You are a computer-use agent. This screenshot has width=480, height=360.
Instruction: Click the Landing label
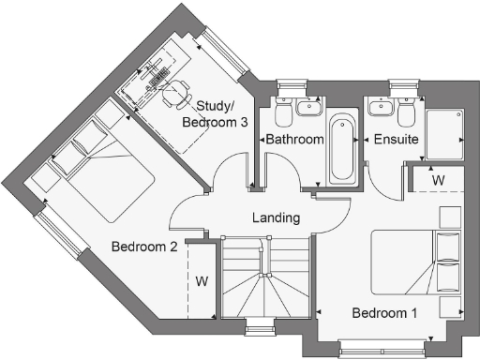276,217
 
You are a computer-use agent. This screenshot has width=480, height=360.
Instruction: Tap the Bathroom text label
294,140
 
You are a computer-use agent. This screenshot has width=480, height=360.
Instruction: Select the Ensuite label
396,140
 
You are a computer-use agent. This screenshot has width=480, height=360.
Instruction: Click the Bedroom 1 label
384,312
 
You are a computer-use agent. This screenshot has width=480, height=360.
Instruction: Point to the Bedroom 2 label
144,247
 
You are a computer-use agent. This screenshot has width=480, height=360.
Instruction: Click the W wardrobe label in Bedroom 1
438,178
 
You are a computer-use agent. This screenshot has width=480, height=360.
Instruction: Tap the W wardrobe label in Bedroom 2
202,280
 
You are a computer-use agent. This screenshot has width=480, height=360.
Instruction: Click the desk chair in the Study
173,92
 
